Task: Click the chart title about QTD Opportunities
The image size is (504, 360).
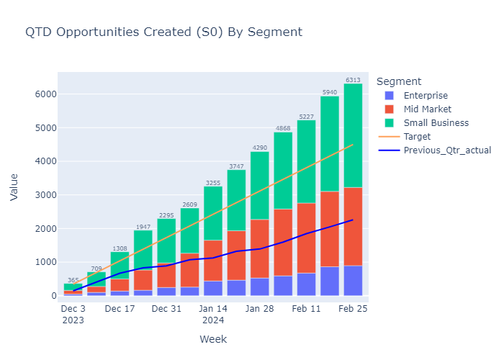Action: click(163, 32)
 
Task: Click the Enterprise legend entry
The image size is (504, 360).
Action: click(426, 96)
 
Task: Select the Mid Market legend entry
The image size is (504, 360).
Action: click(427, 109)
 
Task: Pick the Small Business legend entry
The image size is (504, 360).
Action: click(436, 123)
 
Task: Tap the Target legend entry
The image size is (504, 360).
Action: click(418, 137)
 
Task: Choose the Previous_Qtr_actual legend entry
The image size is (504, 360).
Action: click(447, 150)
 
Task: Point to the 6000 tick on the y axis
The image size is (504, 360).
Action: click(41, 94)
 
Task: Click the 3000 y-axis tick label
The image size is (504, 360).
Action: click(41, 195)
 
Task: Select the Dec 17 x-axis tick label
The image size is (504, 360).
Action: click(120, 309)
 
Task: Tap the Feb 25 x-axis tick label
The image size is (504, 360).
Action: click(353, 309)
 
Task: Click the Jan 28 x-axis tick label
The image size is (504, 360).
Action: click(259, 309)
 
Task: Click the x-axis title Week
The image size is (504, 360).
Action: click(213, 338)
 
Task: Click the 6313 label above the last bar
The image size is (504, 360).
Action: click(353, 80)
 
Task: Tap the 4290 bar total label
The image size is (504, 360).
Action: click(259, 148)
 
